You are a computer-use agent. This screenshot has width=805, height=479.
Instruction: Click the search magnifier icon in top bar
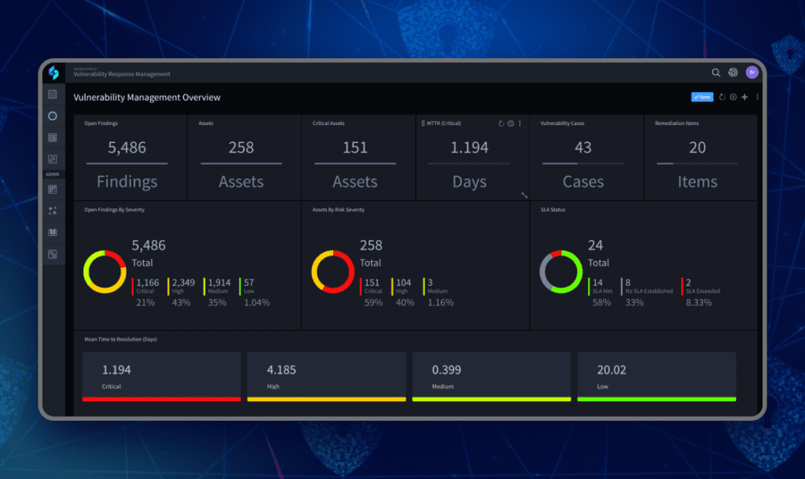pyautogui.click(x=715, y=72)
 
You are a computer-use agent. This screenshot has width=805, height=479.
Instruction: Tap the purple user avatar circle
pyautogui.click(x=752, y=72)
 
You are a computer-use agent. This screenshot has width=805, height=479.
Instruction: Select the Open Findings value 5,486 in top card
pyautogui.click(x=127, y=147)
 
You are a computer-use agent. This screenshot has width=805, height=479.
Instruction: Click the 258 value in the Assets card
pyautogui.click(x=241, y=147)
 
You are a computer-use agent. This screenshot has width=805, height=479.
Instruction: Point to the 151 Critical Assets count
pyautogui.click(x=355, y=147)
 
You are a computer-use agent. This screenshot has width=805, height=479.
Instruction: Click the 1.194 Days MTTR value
pyautogui.click(x=469, y=147)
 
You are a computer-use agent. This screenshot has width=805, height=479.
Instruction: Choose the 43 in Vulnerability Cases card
pyautogui.click(x=583, y=147)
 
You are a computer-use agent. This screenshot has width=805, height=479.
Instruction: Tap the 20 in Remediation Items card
pyautogui.click(x=697, y=147)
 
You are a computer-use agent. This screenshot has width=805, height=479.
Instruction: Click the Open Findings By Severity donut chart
pyautogui.click(x=105, y=272)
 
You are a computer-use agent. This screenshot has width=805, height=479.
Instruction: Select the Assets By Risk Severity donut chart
pyautogui.click(x=333, y=272)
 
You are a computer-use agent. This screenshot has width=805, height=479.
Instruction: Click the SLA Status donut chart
pyautogui.click(x=561, y=272)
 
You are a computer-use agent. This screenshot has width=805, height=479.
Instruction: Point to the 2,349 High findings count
pyautogui.click(x=183, y=282)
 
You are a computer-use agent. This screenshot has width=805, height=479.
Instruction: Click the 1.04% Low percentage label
pyautogui.click(x=255, y=302)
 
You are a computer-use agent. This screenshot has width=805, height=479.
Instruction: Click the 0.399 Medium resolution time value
pyautogui.click(x=446, y=369)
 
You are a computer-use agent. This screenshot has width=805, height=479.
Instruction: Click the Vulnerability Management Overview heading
pyautogui.click(x=147, y=98)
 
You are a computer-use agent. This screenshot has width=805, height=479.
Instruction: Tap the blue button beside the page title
pyautogui.click(x=702, y=98)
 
